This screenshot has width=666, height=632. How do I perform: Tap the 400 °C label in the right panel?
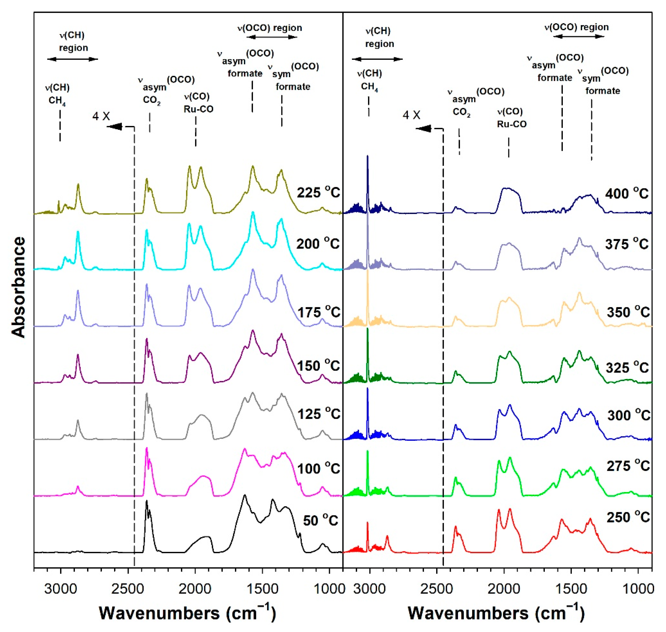coord(626,193)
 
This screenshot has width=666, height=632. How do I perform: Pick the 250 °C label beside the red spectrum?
coord(628,517)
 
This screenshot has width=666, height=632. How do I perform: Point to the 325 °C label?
coord(627,367)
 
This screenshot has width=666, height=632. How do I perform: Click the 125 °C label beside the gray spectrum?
coord(319,414)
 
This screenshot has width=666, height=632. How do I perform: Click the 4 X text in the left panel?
coord(101,116)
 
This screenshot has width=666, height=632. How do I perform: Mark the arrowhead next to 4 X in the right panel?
coord(423,128)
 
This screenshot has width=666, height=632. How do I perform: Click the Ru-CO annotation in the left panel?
coord(198,109)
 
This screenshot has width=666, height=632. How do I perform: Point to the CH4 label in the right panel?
coord(369,87)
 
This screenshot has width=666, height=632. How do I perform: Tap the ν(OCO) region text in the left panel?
coord(270,28)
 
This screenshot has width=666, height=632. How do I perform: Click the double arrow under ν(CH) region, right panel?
coord(377,59)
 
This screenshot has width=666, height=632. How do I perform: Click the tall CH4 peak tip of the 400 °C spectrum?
coord(368,156)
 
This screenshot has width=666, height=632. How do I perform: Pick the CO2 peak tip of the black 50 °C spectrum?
coord(146,501)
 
